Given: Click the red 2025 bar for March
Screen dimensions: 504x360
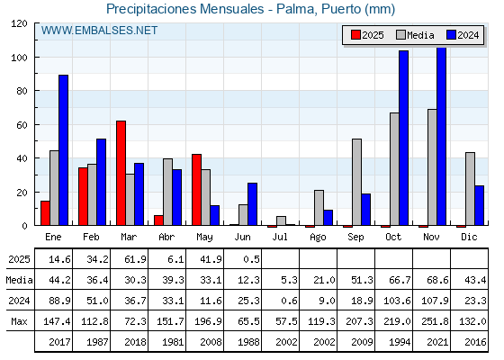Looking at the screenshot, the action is tap(121, 173).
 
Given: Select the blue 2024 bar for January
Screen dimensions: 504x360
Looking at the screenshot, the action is tap(63, 150).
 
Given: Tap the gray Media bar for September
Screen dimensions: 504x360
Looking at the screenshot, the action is tap(356, 182).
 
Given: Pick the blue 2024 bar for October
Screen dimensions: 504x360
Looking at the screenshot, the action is tap(404, 138).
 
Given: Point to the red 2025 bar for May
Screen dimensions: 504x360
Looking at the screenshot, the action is tap(197, 190).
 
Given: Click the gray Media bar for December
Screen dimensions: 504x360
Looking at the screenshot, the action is tap(470, 189).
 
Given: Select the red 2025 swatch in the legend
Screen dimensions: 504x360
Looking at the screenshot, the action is tap(355, 35).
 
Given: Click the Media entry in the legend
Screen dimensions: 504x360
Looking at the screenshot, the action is tap(415, 35).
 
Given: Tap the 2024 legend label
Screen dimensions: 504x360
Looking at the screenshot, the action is tap(468, 35).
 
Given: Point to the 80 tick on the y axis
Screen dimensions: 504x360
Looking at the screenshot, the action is tap(22, 91).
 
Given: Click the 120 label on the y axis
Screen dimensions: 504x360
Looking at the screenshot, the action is tap(19, 23).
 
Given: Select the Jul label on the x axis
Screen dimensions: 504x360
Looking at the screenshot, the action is tap(280, 237).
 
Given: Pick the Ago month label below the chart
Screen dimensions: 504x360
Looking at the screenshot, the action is tap(318, 238).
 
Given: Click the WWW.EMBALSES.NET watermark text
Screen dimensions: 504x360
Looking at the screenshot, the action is tap(99, 31).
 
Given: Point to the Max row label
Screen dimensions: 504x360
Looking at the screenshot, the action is tap(19, 321).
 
